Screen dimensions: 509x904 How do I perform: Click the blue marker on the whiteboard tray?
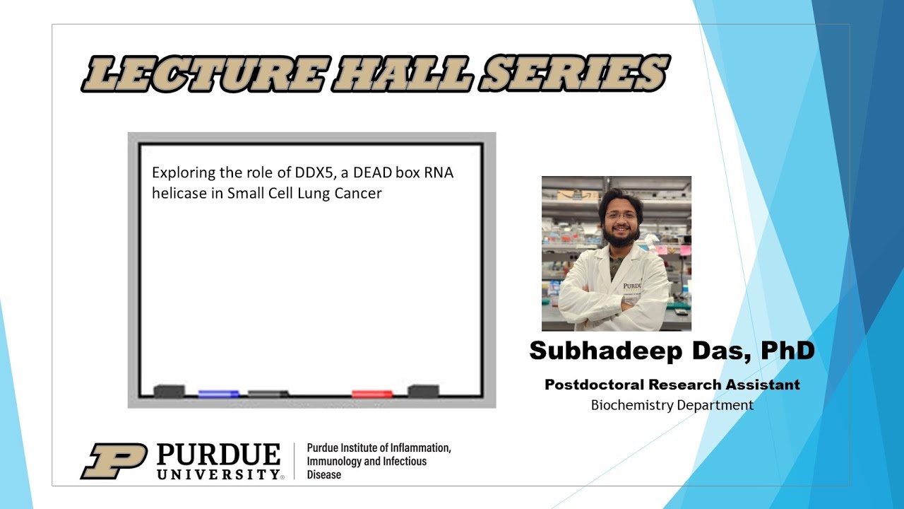click(x=218, y=393)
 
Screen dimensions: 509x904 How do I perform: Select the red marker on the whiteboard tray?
click(x=372, y=393)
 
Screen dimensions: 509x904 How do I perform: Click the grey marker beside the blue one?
click(x=268, y=393)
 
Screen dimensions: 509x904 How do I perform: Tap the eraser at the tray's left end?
click(x=169, y=391)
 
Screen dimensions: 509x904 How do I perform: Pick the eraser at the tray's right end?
click(x=424, y=391)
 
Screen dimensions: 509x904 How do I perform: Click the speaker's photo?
click(x=616, y=253)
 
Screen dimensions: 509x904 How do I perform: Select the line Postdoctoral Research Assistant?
click(x=672, y=385)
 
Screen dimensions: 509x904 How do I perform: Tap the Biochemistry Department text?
click(x=672, y=405)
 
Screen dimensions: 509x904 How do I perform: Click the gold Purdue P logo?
click(x=113, y=461)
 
